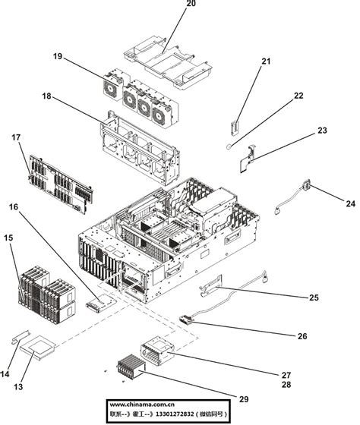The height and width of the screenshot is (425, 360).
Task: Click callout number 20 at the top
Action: coord(191,5)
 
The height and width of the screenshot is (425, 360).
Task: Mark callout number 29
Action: coord(243,399)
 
